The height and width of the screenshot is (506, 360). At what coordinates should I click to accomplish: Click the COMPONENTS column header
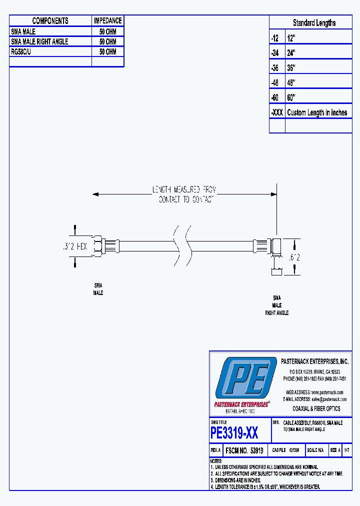pyautogui.click(x=50, y=20)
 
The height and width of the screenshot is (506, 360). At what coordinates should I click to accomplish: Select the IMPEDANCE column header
pyautogui.click(x=107, y=20)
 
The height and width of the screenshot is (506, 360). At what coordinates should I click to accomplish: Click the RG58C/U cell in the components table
pyautogui.click(x=21, y=51)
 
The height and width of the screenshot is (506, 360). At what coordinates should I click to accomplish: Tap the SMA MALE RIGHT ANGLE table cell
pyautogui.click(x=39, y=41)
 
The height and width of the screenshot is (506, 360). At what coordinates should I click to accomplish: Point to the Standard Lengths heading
pyautogui.click(x=314, y=23)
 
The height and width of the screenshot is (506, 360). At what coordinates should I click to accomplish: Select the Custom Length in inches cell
pyautogui.click(x=317, y=112)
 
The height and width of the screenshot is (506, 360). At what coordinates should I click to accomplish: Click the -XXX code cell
pyautogui.click(x=277, y=112)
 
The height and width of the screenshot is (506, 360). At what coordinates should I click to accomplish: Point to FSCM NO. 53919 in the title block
pyautogui.click(x=245, y=450)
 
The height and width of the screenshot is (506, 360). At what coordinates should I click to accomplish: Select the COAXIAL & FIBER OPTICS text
pyautogui.click(x=316, y=408)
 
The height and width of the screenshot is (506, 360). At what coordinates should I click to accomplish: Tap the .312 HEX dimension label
pyautogui.click(x=75, y=246)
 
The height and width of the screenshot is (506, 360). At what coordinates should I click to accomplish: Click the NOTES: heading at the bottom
pyautogui.click(x=216, y=460)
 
